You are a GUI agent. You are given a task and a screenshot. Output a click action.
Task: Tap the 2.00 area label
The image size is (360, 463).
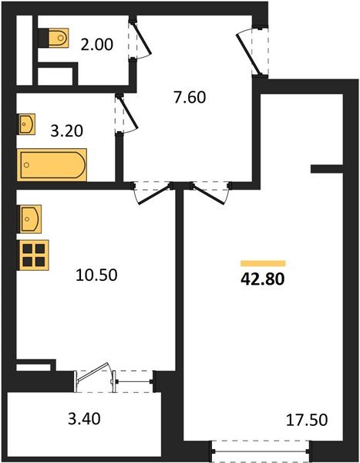coord(97,45)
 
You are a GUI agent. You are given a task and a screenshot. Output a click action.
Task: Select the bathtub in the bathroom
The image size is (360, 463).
coord(52,165)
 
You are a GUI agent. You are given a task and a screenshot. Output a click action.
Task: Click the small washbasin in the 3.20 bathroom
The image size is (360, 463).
coord(27,124)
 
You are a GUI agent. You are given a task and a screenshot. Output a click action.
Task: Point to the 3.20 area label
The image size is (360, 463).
coord(67,131)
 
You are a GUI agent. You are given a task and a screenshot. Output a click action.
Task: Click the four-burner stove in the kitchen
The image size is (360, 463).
coord(34,255)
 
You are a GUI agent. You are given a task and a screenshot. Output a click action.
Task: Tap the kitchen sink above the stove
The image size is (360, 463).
coord(31,219)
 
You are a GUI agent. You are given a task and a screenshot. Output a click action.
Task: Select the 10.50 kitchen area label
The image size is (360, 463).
coord(96,275)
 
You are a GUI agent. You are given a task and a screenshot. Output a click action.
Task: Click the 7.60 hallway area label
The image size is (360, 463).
coord(190,97)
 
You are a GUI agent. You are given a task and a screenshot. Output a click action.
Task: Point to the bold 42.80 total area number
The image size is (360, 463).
coord(263,279)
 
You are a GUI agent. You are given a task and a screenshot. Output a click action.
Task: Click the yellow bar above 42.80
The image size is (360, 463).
coord(263,263)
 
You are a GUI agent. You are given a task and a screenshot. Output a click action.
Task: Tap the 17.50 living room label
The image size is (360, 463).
coord(307,420)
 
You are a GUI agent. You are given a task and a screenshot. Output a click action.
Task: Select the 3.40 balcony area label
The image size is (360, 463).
coord(84,419)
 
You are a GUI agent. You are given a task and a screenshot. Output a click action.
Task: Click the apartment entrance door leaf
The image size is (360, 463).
coord(249,55)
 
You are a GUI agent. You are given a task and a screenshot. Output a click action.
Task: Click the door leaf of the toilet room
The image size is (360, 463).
coord(141,38)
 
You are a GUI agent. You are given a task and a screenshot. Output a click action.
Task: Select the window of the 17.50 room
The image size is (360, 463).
coord(261,451)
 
